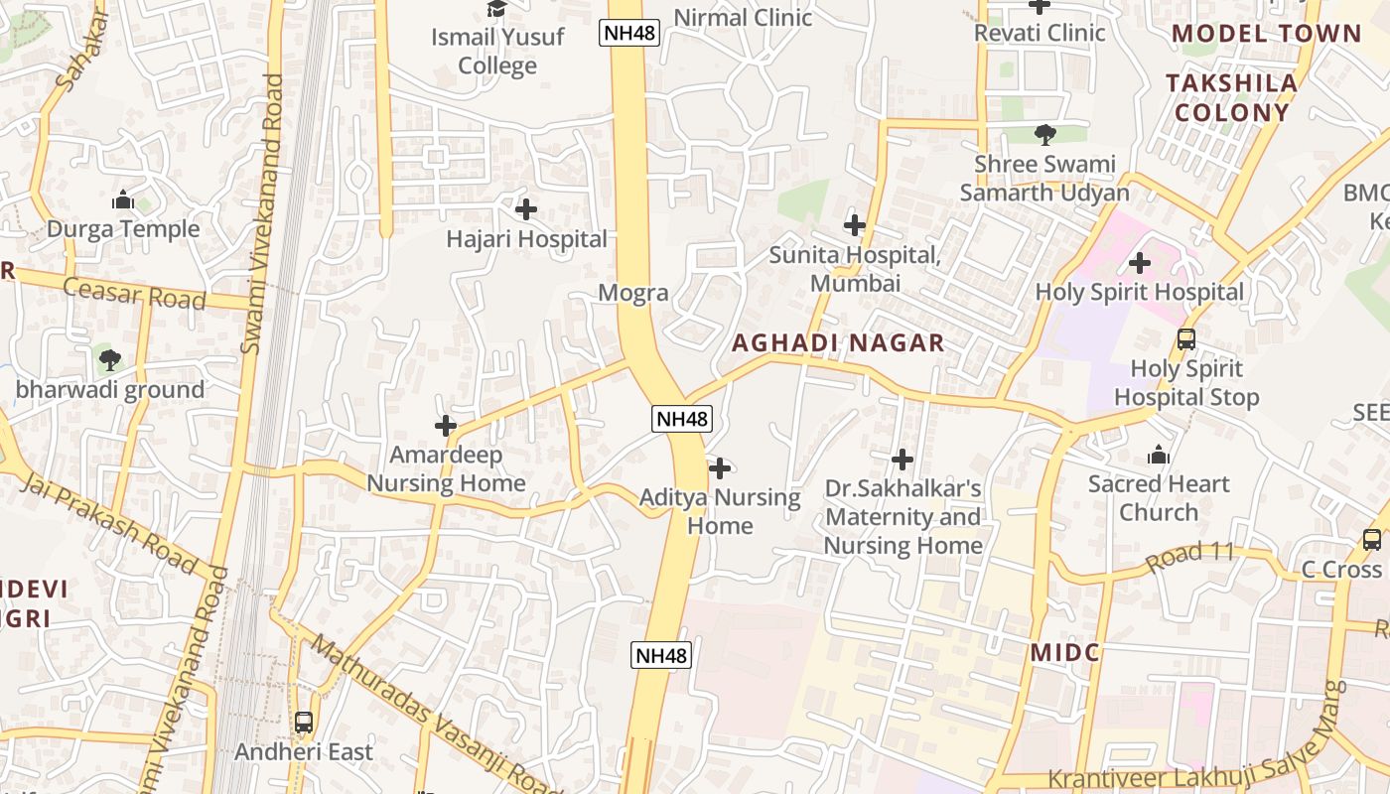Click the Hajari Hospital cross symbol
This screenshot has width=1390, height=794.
coord(526,209)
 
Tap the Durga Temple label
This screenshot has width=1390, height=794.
coord(123,229)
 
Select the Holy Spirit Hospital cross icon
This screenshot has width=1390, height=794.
coord(1140,263)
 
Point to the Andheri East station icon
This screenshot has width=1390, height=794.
coord(304,723)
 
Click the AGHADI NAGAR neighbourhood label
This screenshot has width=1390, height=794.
coord(838,343)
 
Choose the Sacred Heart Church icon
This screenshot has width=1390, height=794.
coord(1158,456)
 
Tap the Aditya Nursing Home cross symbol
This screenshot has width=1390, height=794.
coord(720,468)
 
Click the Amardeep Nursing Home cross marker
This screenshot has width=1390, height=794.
coord(446,426)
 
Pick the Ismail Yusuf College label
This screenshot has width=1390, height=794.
coord(497,52)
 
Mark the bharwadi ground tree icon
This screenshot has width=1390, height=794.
coord(110,359)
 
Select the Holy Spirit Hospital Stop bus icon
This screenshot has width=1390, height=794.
coord(1185,339)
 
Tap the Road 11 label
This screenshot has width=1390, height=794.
coord(1187,556)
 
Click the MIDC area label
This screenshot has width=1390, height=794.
coord(1064,652)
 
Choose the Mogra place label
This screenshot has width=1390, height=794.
coord(633,294)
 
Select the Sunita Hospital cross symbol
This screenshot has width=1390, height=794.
coord(854,225)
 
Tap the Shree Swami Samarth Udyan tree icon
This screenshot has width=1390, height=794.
coord(1044,134)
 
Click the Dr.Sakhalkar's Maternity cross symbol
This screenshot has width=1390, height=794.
coord(903,460)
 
